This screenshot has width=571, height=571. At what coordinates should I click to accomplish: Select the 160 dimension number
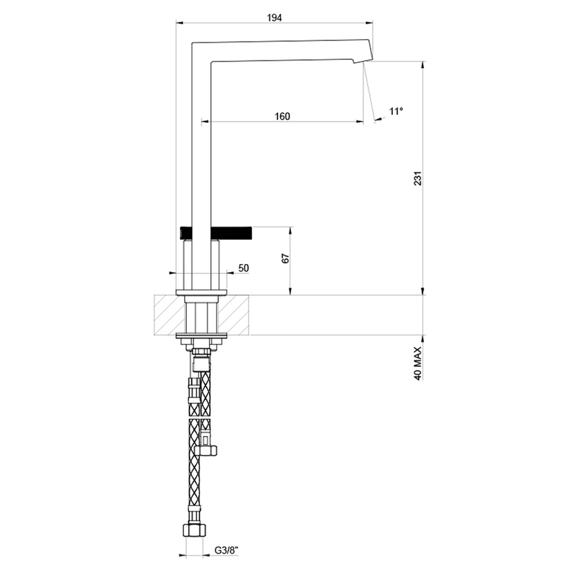click(282, 116)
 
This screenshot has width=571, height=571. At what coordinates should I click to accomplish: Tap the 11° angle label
click(396, 111)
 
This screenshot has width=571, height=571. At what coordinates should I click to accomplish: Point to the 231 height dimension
click(417, 179)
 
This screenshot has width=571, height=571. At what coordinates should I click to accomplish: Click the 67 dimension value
click(284, 260)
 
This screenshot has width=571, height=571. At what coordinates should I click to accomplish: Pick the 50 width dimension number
click(243, 268)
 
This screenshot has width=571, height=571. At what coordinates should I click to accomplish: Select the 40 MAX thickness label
click(418, 364)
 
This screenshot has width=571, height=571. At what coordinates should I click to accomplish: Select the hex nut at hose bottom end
click(192, 530)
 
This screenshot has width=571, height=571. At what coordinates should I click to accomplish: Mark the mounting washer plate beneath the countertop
click(202, 336)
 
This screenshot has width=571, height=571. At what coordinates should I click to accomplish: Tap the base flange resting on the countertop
click(202, 292)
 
